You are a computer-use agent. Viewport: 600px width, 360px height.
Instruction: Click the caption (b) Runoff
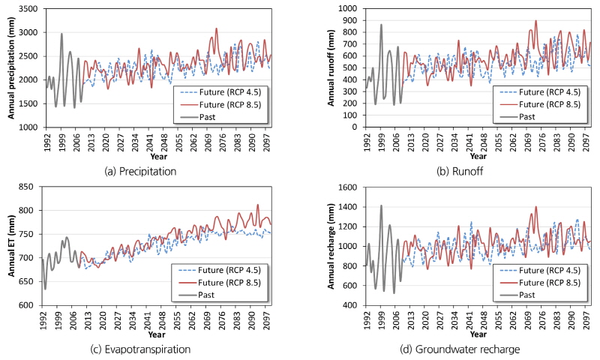tap(460, 171)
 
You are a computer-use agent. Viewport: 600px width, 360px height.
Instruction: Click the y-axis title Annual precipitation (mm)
tap(12, 67)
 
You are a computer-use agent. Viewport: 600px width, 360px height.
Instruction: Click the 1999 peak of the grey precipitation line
tap(61, 34)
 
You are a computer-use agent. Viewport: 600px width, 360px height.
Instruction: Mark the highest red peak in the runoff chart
tap(535, 21)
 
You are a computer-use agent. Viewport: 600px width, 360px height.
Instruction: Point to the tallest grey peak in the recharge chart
tap(381, 205)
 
